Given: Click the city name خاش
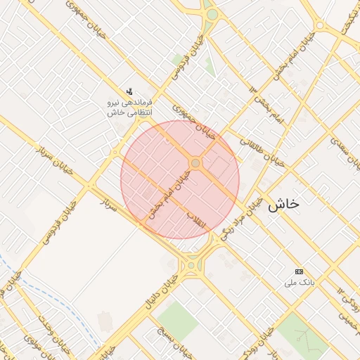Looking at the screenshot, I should [283, 204].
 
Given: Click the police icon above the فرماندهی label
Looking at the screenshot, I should [129, 91].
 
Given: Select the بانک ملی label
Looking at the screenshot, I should [298, 283].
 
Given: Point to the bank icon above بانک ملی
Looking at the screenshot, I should [299, 271].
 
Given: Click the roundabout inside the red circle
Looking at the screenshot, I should [195, 164].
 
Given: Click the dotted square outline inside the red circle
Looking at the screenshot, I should [219, 167].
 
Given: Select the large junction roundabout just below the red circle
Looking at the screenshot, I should [191, 265].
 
